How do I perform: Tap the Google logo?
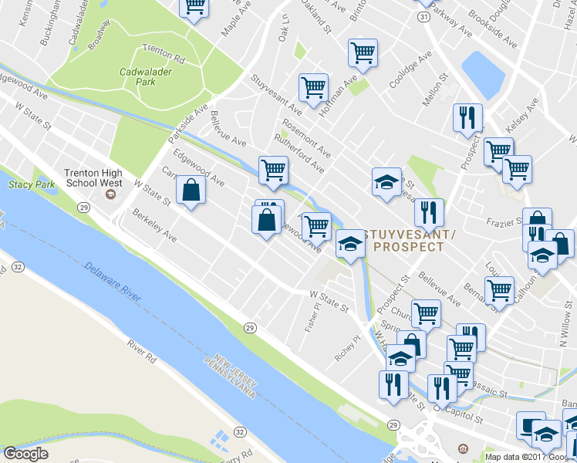(25, 454)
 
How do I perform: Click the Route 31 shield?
(423, 15)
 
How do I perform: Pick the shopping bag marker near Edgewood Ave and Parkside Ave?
(191, 191)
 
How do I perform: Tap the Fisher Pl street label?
(312, 318)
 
